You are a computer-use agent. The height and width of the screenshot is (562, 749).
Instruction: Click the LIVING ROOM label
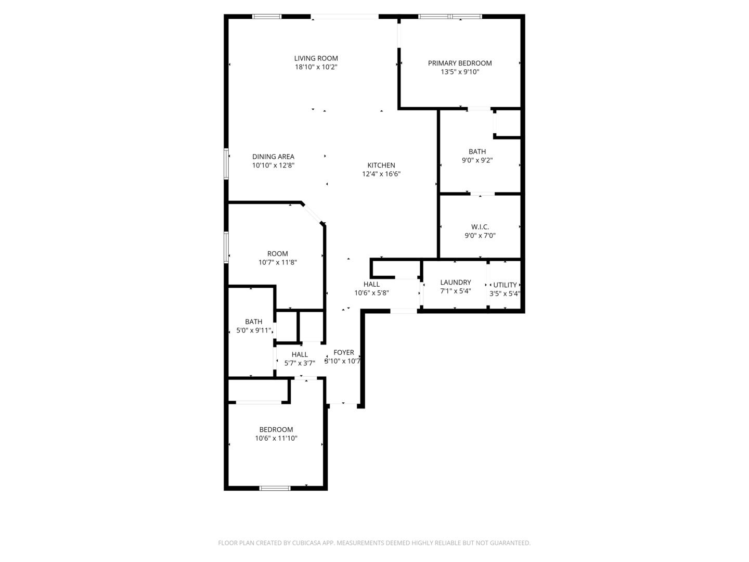click(x=316, y=58)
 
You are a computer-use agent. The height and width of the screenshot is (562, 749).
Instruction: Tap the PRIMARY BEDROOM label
click(x=460, y=63)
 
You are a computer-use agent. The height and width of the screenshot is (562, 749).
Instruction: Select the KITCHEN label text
click(x=381, y=165)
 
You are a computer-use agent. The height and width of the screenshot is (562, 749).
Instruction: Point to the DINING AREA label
click(x=273, y=157)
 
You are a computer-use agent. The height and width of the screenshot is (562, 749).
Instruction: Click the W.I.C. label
click(x=480, y=226)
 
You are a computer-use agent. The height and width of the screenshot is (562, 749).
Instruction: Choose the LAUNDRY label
click(x=456, y=282)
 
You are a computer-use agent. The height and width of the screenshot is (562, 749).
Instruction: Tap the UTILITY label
click(x=505, y=285)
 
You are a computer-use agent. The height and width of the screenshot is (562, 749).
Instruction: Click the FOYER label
click(x=344, y=352)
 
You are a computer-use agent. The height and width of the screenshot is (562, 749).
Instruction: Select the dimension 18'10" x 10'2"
click(x=316, y=67)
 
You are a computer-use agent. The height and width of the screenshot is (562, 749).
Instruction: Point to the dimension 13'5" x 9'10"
click(x=460, y=72)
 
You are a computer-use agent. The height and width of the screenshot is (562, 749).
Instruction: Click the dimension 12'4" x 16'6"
click(x=381, y=174)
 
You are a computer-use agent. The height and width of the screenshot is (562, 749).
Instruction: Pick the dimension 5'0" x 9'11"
click(x=254, y=330)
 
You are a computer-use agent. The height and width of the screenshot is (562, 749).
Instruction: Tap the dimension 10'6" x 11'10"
click(x=276, y=438)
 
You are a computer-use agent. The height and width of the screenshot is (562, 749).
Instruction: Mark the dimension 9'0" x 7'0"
click(x=480, y=235)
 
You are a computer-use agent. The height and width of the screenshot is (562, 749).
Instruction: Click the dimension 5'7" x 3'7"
click(x=300, y=363)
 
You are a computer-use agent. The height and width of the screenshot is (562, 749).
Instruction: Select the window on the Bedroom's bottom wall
click(x=275, y=488)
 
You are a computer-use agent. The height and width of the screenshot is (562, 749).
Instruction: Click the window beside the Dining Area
click(x=226, y=164)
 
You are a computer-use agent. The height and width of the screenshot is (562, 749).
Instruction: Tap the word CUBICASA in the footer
click(x=306, y=543)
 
